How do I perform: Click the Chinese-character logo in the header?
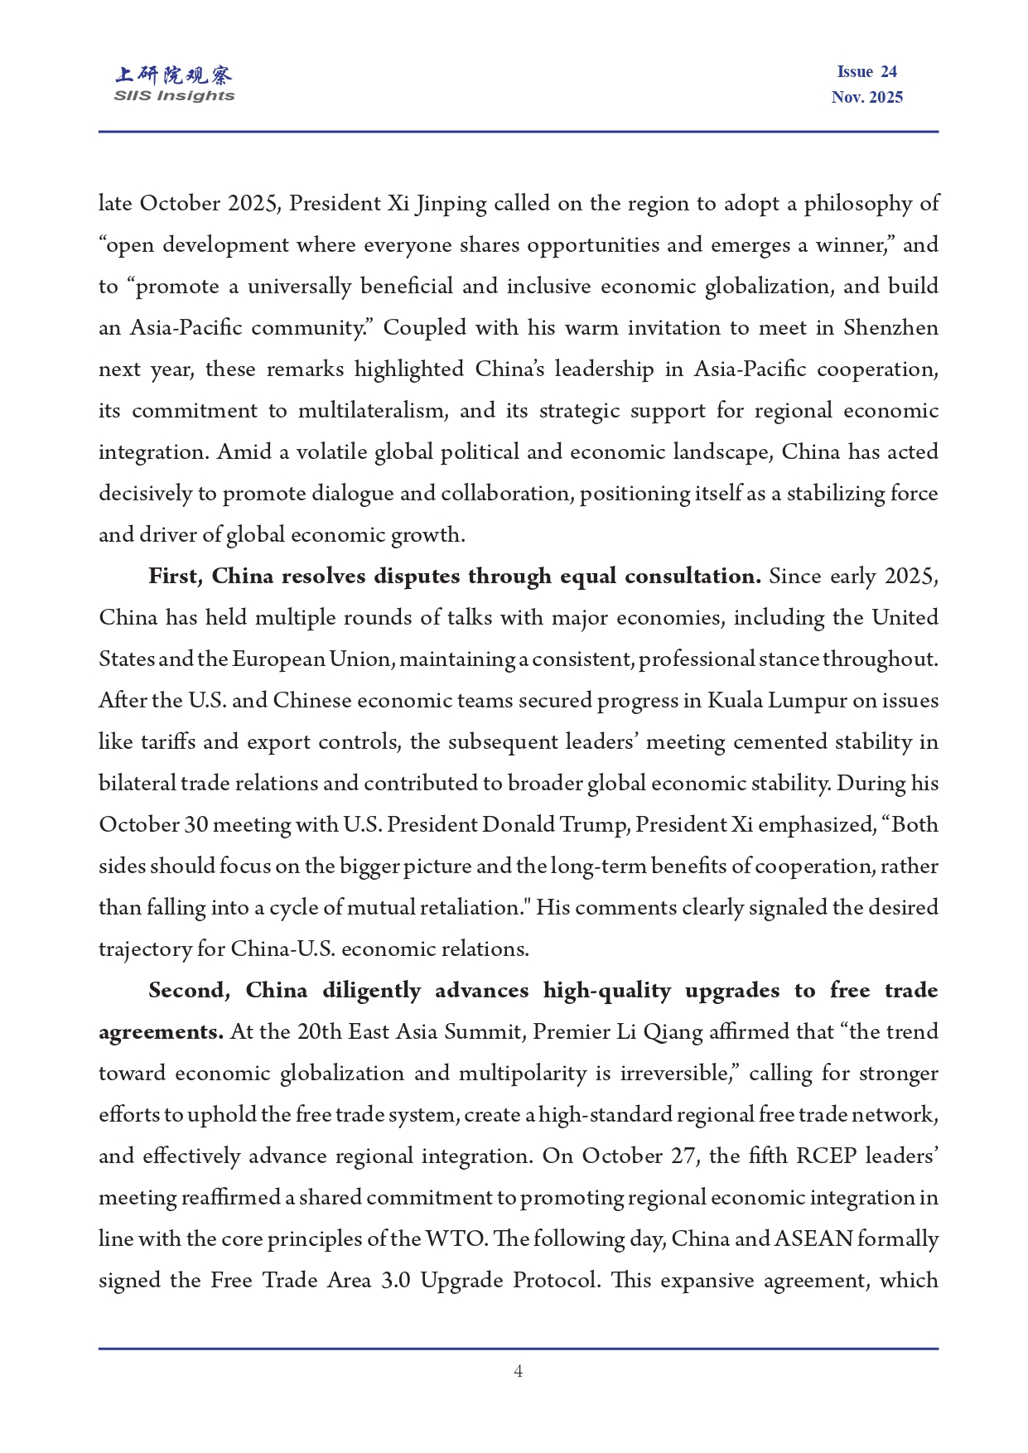(x=174, y=75)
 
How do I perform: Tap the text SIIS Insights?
(x=174, y=96)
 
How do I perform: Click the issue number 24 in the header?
(x=888, y=72)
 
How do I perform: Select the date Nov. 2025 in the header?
(x=866, y=98)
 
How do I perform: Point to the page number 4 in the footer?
(x=518, y=1371)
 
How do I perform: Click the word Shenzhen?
(x=890, y=328)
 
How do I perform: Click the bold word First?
(x=175, y=577)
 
